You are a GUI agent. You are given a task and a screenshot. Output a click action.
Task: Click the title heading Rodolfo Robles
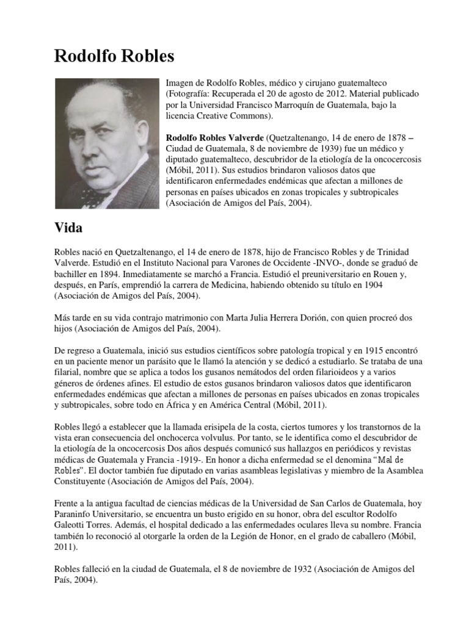point(114,57)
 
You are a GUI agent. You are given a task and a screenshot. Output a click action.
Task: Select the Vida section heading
point(69,229)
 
